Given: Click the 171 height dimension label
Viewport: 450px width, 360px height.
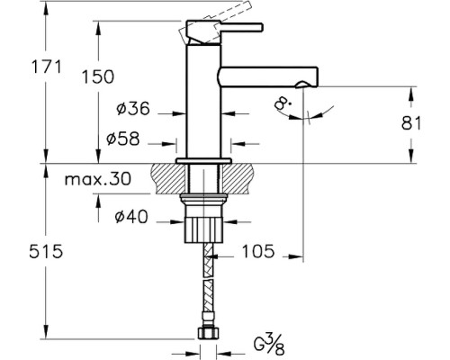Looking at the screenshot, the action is (x=46, y=67).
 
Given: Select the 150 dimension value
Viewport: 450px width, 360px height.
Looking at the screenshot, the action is (x=98, y=76).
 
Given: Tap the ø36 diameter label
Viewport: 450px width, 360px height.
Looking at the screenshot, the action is (x=132, y=108).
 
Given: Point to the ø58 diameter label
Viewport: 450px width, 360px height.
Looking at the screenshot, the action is (x=123, y=139).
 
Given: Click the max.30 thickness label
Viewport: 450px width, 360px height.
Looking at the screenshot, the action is (x=98, y=179).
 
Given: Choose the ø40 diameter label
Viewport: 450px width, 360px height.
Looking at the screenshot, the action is (x=131, y=216).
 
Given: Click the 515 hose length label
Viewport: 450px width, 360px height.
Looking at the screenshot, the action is (x=46, y=251).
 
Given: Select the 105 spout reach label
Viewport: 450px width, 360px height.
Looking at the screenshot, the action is (x=258, y=251).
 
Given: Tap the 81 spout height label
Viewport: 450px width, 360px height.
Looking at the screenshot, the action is (x=410, y=122).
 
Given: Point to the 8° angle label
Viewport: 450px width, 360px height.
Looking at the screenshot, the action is (x=283, y=104).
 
